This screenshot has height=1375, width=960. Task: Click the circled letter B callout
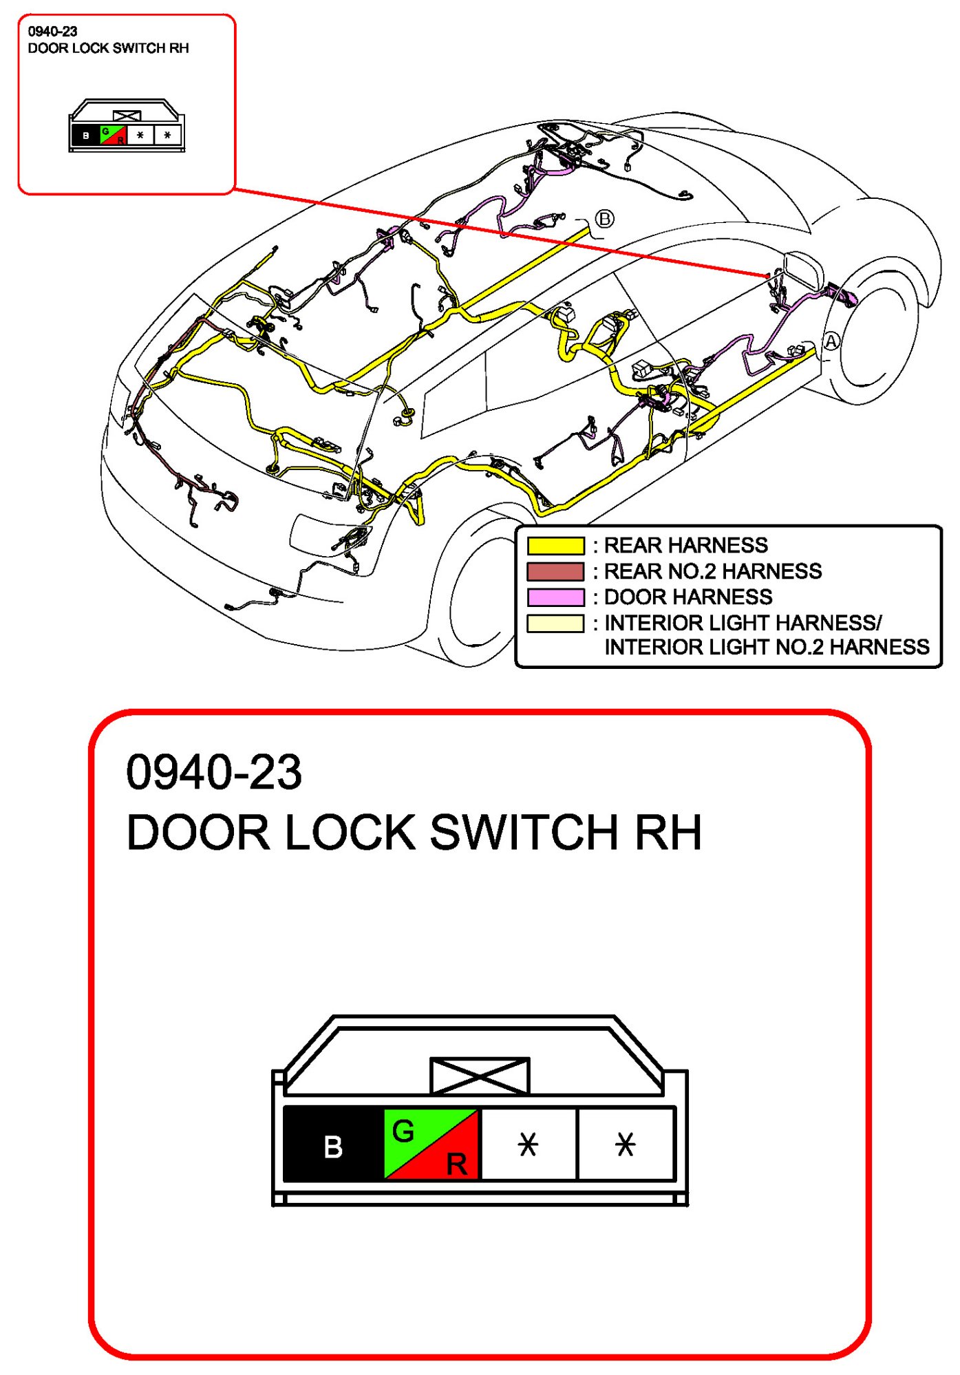(x=604, y=220)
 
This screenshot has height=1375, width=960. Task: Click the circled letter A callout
(x=831, y=342)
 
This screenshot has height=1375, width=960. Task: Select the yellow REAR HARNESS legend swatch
(x=555, y=546)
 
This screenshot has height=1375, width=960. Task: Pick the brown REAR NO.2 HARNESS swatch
(x=555, y=571)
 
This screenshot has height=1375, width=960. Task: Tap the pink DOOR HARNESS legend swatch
(x=555, y=597)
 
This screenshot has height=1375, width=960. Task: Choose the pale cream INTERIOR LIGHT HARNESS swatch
(x=555, y=623)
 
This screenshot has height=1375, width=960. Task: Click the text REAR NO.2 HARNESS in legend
(x=712, y=571)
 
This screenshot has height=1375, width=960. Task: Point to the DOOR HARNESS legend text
(x=688, y=597)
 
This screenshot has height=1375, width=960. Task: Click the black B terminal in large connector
(x=334, y=1146)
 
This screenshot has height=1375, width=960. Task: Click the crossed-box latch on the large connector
(x=480, y=1076)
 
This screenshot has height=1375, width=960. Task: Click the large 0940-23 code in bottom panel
(x=214, y=772)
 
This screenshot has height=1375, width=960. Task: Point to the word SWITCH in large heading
(x=524, y=833)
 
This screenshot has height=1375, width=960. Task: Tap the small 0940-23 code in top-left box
(x=52, y=32)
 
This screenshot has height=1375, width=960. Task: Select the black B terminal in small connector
(x=85, y=136)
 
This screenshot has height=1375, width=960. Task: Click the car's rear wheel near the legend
(x=482, y=592)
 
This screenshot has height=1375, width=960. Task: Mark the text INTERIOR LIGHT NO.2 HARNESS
(x=767, y=648)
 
